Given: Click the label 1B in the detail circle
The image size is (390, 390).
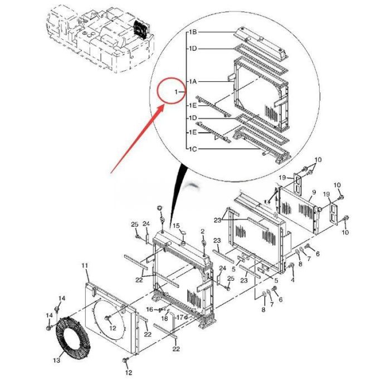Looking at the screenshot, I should pos(193,32).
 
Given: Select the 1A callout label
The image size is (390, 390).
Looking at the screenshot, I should pos(193,82).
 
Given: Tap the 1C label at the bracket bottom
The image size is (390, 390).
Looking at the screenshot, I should pos(193,149).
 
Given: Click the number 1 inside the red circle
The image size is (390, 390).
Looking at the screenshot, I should pos(176,91).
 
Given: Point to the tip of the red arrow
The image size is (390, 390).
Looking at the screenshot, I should pos(163,104).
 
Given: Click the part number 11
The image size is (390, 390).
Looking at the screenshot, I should pos(85,266).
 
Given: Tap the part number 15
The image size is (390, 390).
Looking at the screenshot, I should pos(176,226).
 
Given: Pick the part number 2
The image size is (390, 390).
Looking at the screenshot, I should pos(203,231).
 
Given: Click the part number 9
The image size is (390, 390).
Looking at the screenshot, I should pos(314,192).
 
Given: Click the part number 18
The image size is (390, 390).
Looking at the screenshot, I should pos(165,318).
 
